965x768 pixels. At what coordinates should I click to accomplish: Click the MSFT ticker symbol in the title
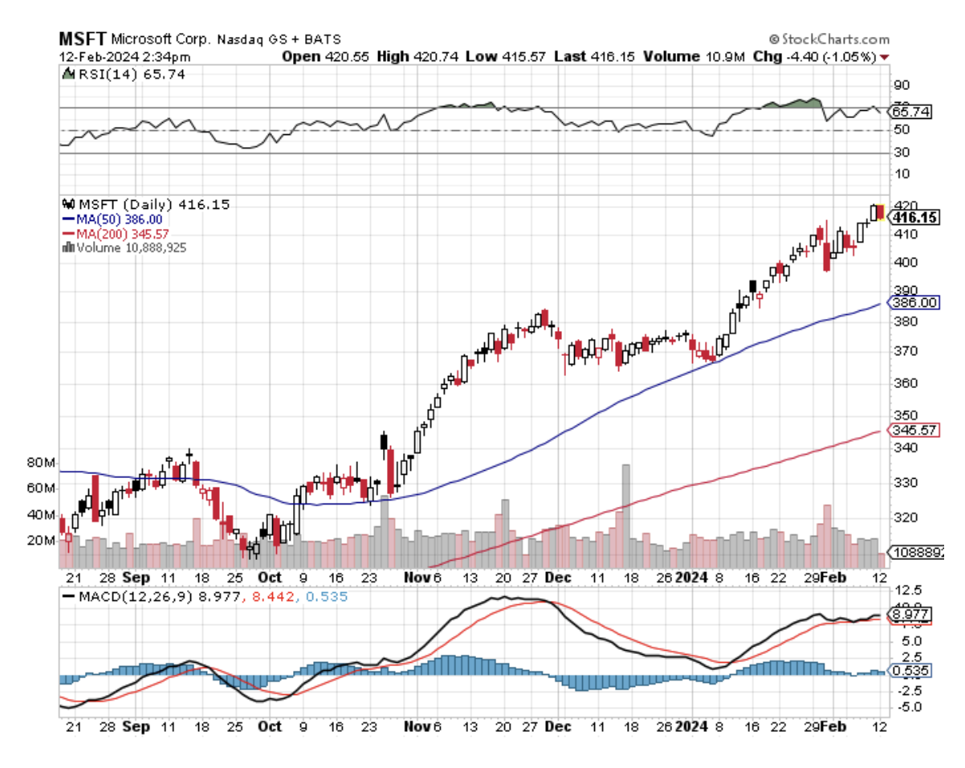click(x=83, y=38)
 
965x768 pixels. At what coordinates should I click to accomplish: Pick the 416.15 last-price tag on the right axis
click(x=916, y=218)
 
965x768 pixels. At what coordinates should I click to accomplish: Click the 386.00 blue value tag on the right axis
click(x=915, y=303)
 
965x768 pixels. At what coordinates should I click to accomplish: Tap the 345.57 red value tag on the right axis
click(x=915, y=431)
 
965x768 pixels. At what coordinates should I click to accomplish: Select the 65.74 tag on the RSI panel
click(x=911, y=112)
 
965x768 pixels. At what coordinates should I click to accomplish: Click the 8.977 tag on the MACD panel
click(x=911, y=614)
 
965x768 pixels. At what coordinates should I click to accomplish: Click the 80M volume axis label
click(x=41, y=463)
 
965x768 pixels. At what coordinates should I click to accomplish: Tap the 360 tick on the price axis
click(x=903, y=383)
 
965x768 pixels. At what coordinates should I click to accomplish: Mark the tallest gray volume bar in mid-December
click(x=626, y=514)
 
